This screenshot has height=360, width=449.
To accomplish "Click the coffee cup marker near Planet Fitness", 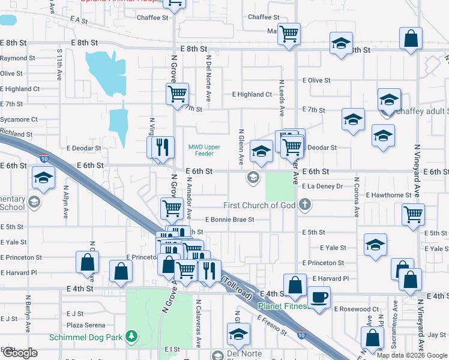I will click(x=318, y=296).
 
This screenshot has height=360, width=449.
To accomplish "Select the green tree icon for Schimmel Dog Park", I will click(x=131, y=337).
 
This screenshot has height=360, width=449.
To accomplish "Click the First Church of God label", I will click(x=262, y=205).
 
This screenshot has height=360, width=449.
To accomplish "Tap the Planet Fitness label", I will click(x=282, y=306).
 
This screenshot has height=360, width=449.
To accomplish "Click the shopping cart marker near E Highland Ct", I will click(x=177, y=93).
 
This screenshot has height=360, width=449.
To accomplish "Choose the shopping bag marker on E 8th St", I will click(x=412, y=39).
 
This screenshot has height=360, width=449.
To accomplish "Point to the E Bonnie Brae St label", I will click(x=229, y=220).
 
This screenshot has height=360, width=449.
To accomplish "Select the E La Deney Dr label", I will click(x=322, y=187).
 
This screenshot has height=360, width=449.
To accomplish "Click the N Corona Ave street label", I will click(x=356, y=197).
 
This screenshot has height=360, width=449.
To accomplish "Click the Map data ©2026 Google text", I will click(x=411, y=355).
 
